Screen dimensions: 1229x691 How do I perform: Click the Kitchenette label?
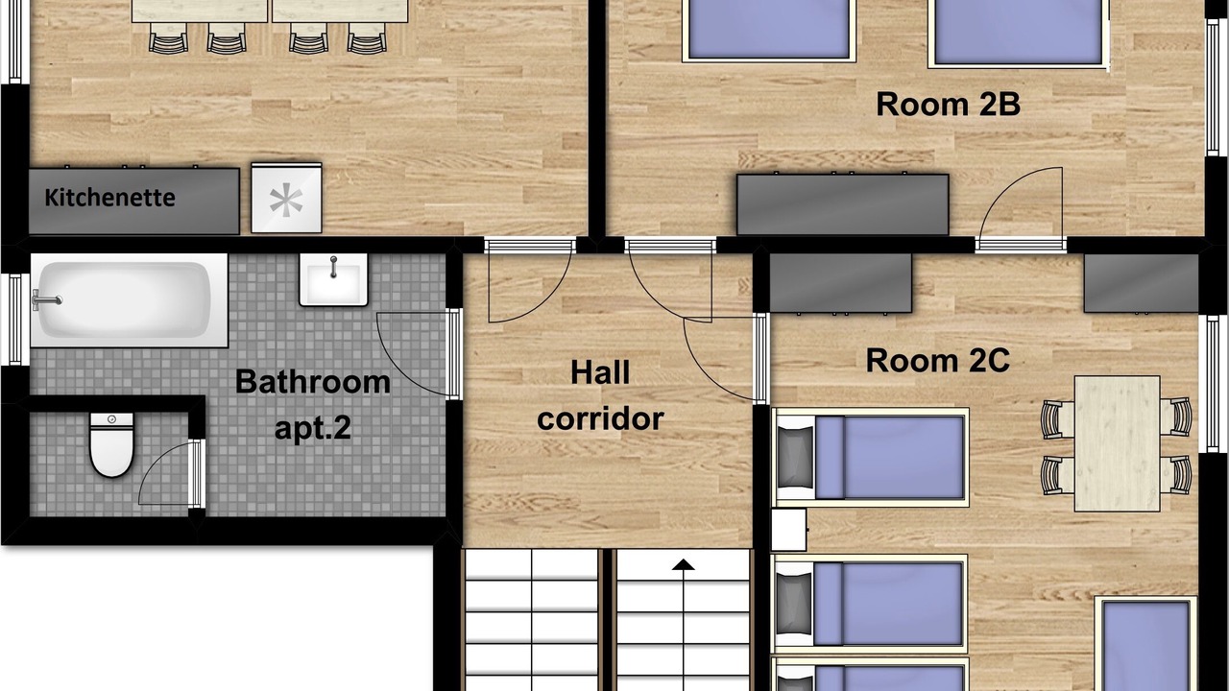109,198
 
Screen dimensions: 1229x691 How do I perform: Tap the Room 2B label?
948,104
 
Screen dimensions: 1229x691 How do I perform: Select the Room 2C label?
938,360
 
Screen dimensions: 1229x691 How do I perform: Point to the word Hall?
600,372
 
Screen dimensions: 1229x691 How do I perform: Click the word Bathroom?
313,381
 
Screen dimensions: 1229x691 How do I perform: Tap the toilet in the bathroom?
112,444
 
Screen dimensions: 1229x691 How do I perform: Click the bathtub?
129,300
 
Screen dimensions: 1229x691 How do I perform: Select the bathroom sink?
333,279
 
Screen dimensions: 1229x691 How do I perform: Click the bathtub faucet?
47,300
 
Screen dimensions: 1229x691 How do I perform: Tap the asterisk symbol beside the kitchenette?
286,202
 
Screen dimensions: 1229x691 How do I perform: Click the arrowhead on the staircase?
683,564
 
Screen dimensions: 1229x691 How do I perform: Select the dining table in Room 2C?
1117,443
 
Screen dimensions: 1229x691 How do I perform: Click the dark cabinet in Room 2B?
843,204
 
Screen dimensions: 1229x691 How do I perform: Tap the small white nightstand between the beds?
789,530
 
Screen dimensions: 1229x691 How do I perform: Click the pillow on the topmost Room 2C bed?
795,458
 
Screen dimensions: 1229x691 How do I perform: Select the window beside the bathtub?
14,320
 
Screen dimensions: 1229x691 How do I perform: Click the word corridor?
600,418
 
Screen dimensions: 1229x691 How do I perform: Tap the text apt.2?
313,428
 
